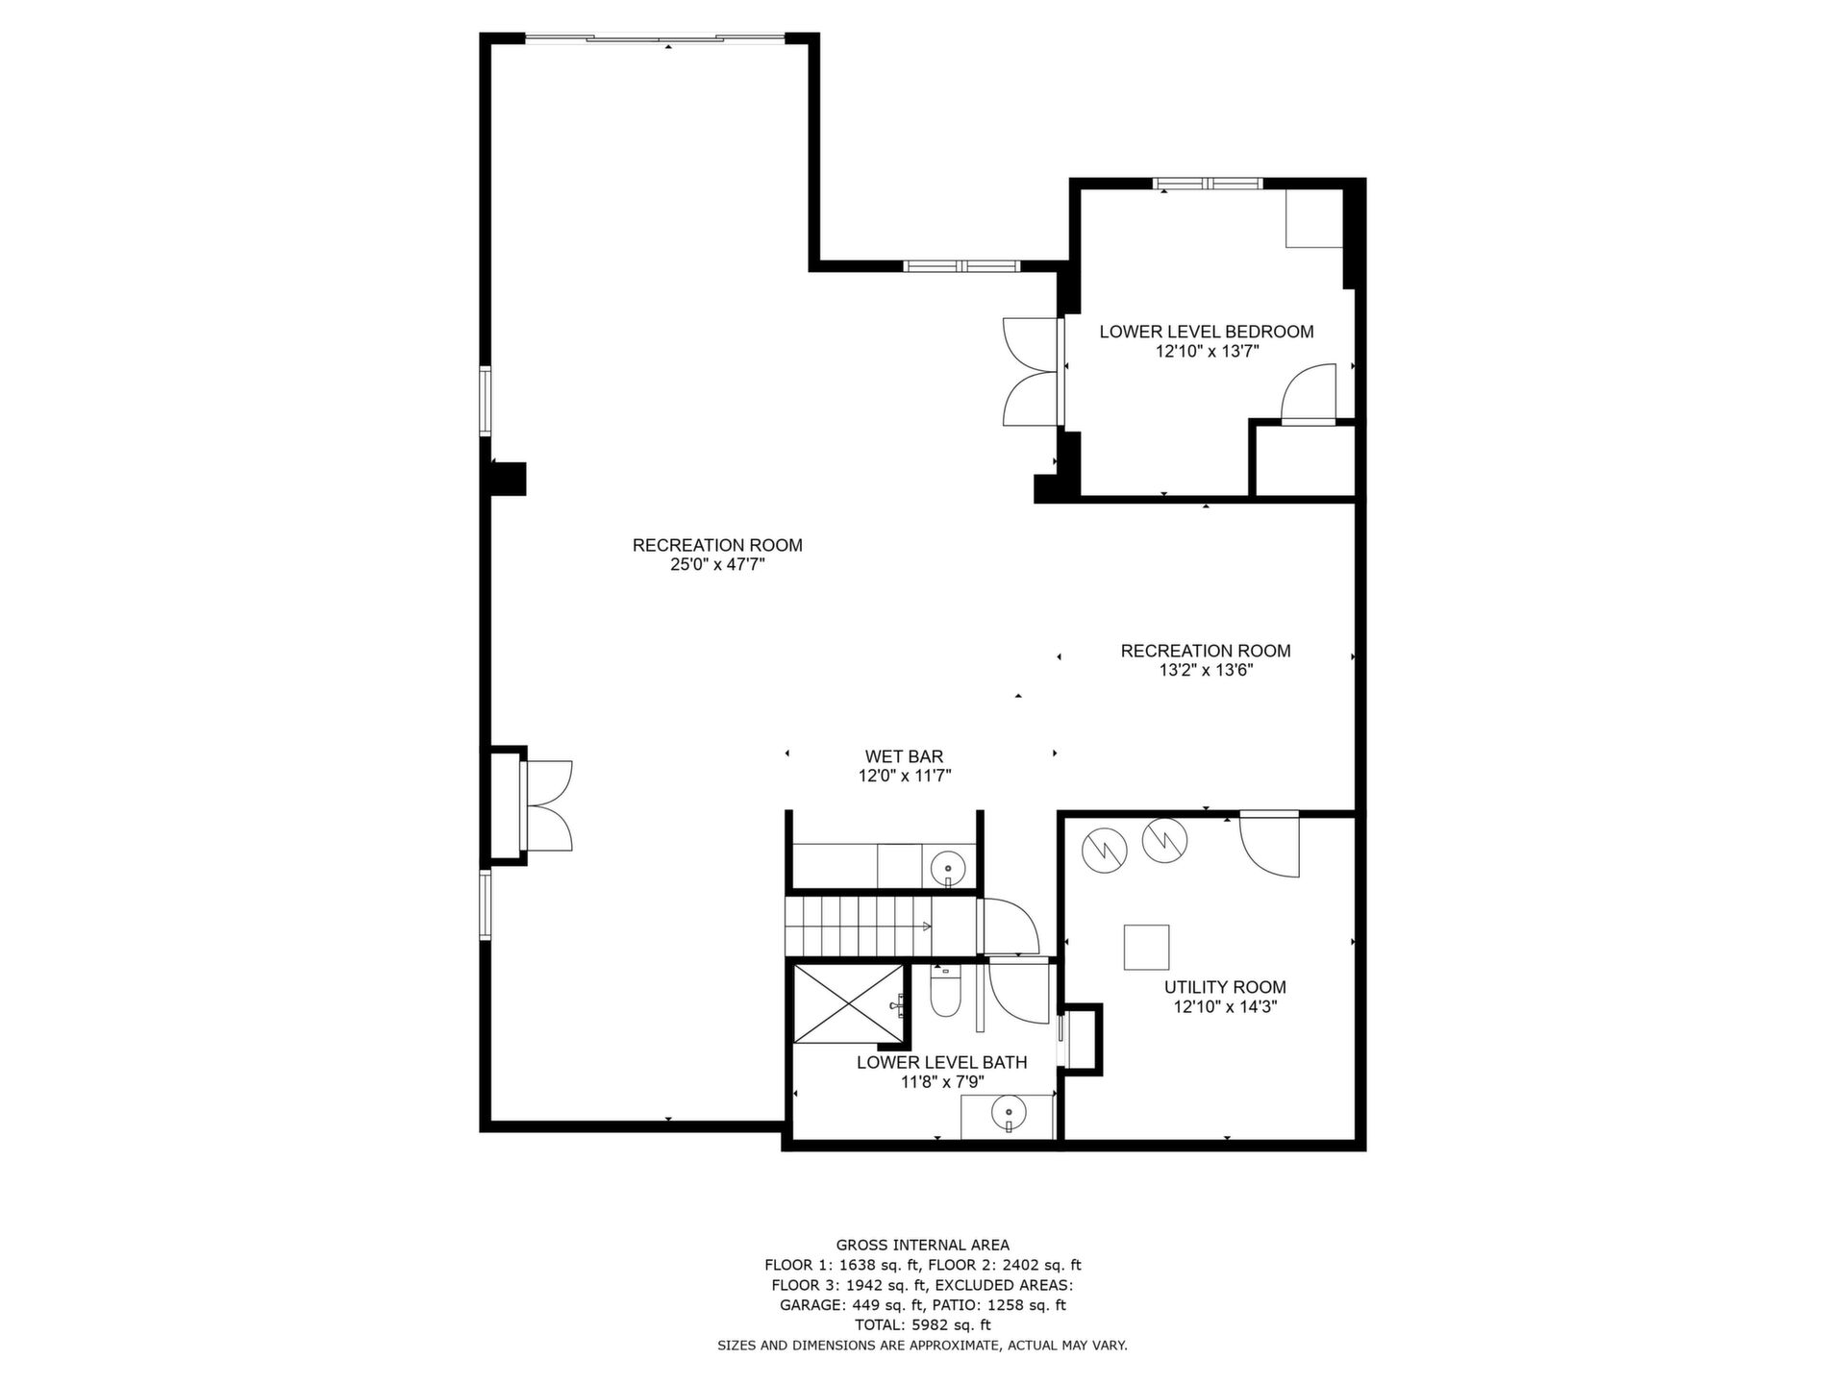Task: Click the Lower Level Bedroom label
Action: tap(1206, 332)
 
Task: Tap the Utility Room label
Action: tap(1225, 987)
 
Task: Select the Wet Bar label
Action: tap(904, 756)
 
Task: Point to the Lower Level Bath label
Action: tap(941, 1062)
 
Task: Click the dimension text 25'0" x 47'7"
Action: tap(717, 565)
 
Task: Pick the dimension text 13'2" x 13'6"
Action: tap(1206, 671)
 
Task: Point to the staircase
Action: tap(860, 927)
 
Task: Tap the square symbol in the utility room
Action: tap(1147, 948)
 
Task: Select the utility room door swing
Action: tap(1270, 845)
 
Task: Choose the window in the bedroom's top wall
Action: tap(1208, 184)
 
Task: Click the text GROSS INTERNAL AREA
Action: tap(923, 1246)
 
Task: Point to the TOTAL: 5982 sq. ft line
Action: tap(923, 1325)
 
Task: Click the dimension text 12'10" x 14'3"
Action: tap(1225, 1007)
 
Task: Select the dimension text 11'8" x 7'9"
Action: tap(941, 1082)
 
